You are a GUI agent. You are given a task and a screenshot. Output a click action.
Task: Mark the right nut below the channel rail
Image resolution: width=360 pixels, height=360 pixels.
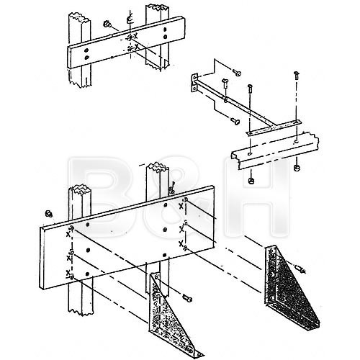pyautogui.click(x=296, y=169)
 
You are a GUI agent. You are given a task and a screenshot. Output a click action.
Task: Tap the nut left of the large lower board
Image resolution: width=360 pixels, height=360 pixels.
pyautogui.click(x=48, y=214)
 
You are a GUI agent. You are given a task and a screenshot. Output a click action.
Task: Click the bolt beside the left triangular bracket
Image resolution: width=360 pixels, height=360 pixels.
pyautogui.click(x=187, y=297)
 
